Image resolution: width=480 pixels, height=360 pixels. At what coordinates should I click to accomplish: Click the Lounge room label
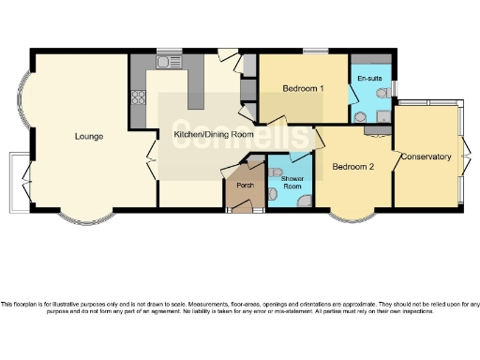[x=89, y=137]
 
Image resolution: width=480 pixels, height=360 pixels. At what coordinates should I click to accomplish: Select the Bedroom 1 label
[x=303, y=89]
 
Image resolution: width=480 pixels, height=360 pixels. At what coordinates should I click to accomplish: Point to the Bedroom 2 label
[x=353, y=167]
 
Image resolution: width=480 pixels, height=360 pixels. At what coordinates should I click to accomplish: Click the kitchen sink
[x=169, y=63]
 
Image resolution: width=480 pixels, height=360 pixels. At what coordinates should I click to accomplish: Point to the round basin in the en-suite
[x=360, y=115]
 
